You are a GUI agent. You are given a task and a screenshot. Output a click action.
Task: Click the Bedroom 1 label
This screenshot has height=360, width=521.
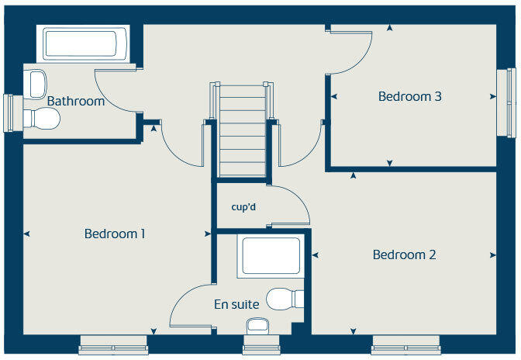(116, 234)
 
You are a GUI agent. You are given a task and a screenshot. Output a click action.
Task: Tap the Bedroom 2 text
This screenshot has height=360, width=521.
(404, 254)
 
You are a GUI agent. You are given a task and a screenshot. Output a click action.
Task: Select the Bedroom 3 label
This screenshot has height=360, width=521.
(410, 97)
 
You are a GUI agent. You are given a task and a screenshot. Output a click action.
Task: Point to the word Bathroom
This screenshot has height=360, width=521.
(76, 101)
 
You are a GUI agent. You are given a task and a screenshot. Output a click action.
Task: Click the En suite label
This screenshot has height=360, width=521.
(236, 304)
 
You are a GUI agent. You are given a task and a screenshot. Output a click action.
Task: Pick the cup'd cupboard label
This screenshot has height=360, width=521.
(243, 207)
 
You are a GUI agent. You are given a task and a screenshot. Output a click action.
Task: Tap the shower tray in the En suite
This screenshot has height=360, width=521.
(271, 256)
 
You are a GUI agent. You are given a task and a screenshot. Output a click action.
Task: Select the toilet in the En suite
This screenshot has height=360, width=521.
(285, 298)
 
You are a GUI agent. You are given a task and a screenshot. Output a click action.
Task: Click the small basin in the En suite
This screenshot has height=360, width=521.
(257, 325)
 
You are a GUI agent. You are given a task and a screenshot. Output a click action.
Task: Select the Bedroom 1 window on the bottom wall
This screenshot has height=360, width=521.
(113, 345)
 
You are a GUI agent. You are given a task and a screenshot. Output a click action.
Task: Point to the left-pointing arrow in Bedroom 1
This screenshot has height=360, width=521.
(27, 234)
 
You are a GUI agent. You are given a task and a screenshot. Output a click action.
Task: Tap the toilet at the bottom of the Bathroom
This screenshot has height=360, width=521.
(42, 119)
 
